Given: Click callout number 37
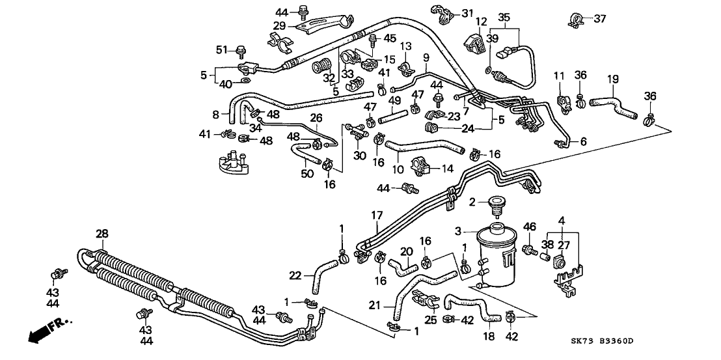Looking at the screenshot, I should (x=599, y=18).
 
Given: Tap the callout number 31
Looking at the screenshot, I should (x=469, y=14).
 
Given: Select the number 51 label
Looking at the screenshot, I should (x=221, y=49).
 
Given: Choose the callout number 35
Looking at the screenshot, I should (x=504, y=18).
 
